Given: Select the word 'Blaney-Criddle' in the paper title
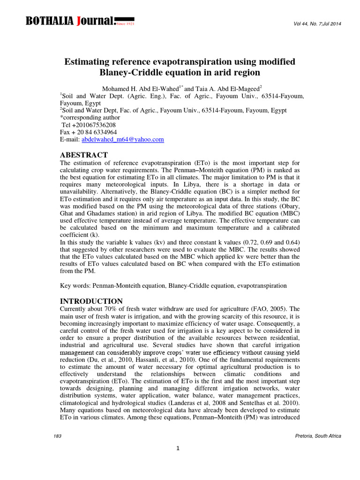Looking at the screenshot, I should [x=127, y=73].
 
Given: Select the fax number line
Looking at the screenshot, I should [x=89, y=132].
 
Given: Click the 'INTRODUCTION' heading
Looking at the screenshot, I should [x=91, y=301].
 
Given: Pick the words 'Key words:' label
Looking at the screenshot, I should [x=75, y=285].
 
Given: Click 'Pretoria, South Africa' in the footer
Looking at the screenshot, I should [x=316, y=436].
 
